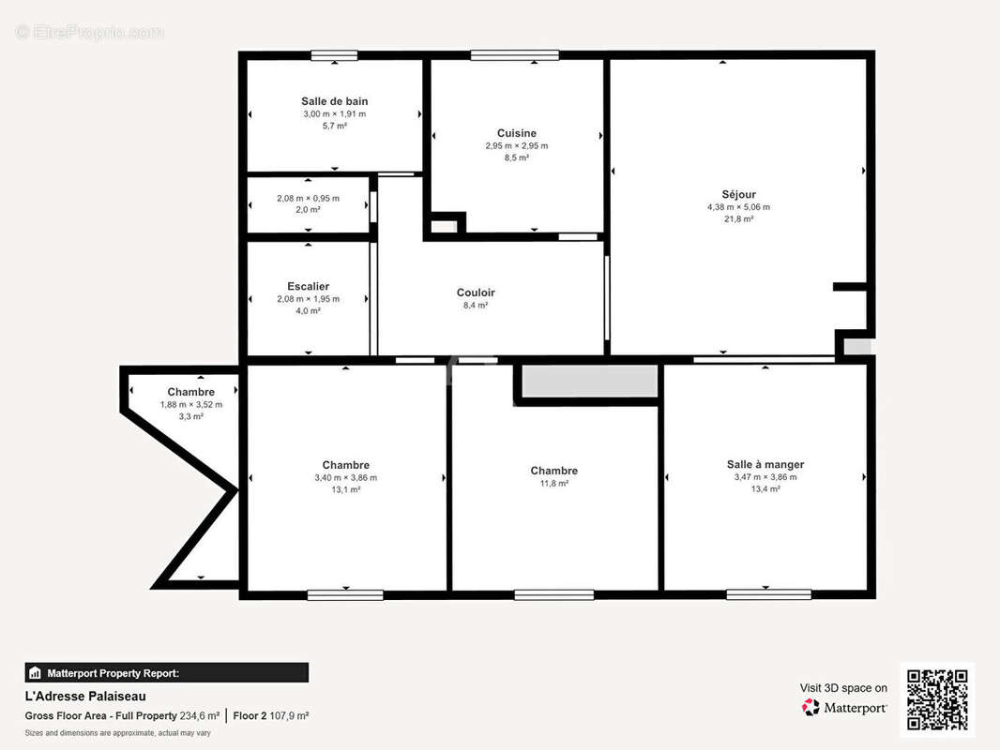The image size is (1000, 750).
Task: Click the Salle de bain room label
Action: [334, 101]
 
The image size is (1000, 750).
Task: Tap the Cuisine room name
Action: [517, 133]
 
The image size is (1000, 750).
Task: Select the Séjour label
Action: [738, 194]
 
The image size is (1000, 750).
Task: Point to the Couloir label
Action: [476, 292]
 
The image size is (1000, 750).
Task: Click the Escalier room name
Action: [308, 286]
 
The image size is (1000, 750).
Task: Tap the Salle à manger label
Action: [765, 464]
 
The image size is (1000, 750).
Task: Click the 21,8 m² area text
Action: [738, 218]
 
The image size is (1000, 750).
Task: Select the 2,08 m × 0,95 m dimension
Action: [308, 198]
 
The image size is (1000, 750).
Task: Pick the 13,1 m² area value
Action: [345, 489]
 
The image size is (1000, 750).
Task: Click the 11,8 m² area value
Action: [554, 483]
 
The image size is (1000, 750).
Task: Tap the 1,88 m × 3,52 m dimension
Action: [191, 405]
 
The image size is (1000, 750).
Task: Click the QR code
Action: [937, 699]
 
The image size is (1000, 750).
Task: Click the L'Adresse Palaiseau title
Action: [85, 697]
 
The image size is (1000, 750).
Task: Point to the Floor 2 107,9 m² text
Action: [271, 715]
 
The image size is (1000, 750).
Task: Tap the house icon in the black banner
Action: [35, 673]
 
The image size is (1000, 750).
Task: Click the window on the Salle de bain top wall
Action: [334, 56]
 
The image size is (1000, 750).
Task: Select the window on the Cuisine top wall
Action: [515, 55]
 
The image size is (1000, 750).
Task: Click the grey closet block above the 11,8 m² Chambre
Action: [590, 381]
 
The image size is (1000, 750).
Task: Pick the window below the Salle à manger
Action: [768, 594]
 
